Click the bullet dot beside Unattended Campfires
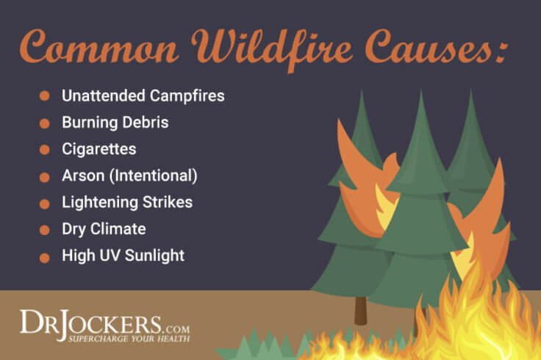pyautogui.click(x=45, y=96)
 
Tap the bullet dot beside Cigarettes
pyautogui.click(x=45, y=149)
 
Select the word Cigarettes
pyautogui.click(x=98, y=149)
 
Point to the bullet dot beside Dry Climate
pyautogui.click(x=45, y=230)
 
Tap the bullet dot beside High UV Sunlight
pyautogui.click(x=45, y=257)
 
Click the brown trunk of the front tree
pyautogui.click(x=359, y=309)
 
